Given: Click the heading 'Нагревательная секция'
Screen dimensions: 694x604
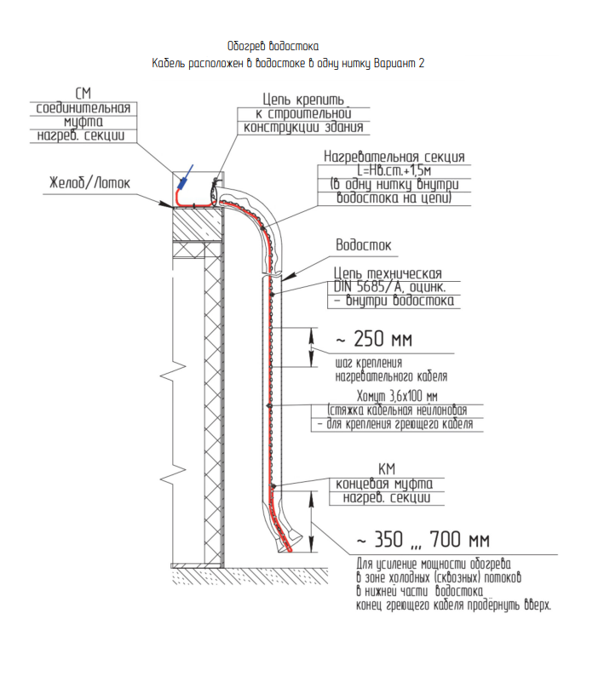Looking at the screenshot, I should point(394,158).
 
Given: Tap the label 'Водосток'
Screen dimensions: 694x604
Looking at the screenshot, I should point(363,245).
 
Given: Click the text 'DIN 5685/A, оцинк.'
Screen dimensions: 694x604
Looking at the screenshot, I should point(394,287).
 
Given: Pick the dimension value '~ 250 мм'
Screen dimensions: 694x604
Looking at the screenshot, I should point(372,341).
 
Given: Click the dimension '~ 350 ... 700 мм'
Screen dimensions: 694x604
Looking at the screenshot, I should point(423,539).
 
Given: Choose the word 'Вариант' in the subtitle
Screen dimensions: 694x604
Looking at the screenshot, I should point(394,63).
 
